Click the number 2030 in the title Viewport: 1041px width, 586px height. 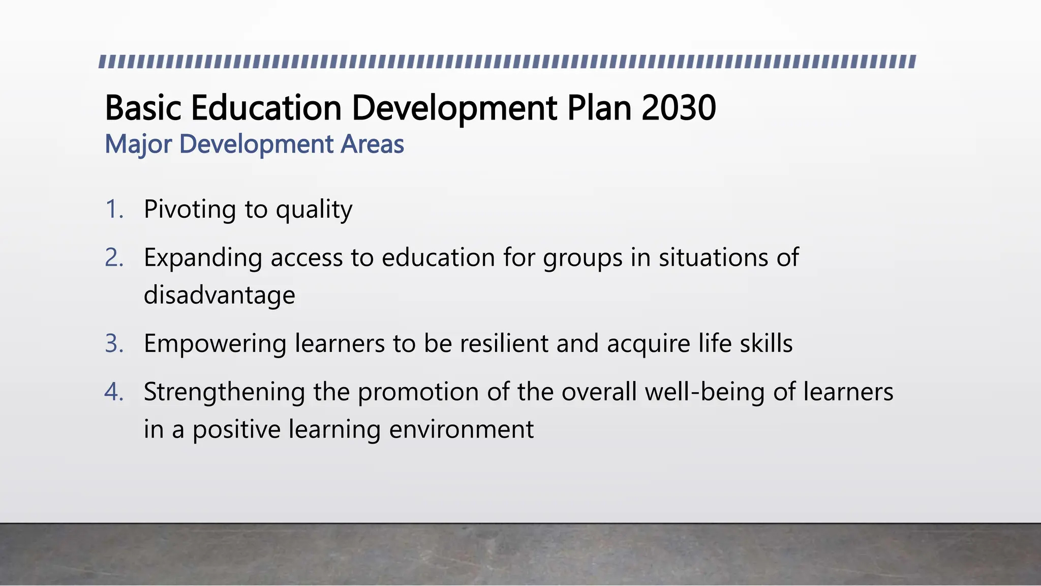click(x=679, y=108)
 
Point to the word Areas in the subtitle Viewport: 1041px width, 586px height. click(x=372, y=144)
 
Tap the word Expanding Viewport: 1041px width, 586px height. click(x=203, y=258)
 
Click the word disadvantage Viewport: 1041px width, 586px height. click(x=219, y=295)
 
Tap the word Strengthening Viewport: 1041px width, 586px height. click(x=224, y=392)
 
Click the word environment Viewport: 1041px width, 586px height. click(x=461, y=429)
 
